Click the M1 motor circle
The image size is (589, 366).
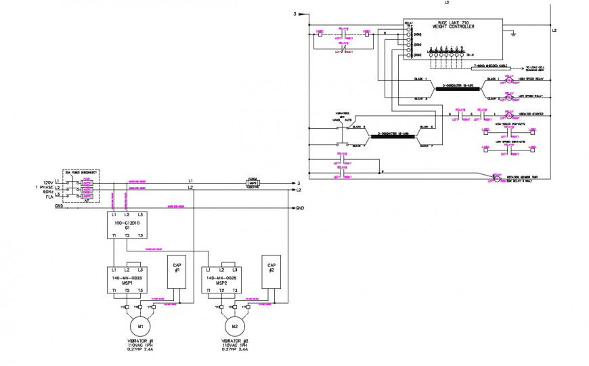click(140, 325)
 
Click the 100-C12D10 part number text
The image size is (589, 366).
click(127, 222)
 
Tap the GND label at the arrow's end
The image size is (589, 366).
click(299, 207)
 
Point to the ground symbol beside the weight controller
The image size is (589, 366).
click(515, 33)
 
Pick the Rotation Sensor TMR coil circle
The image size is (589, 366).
click(496, 178)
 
